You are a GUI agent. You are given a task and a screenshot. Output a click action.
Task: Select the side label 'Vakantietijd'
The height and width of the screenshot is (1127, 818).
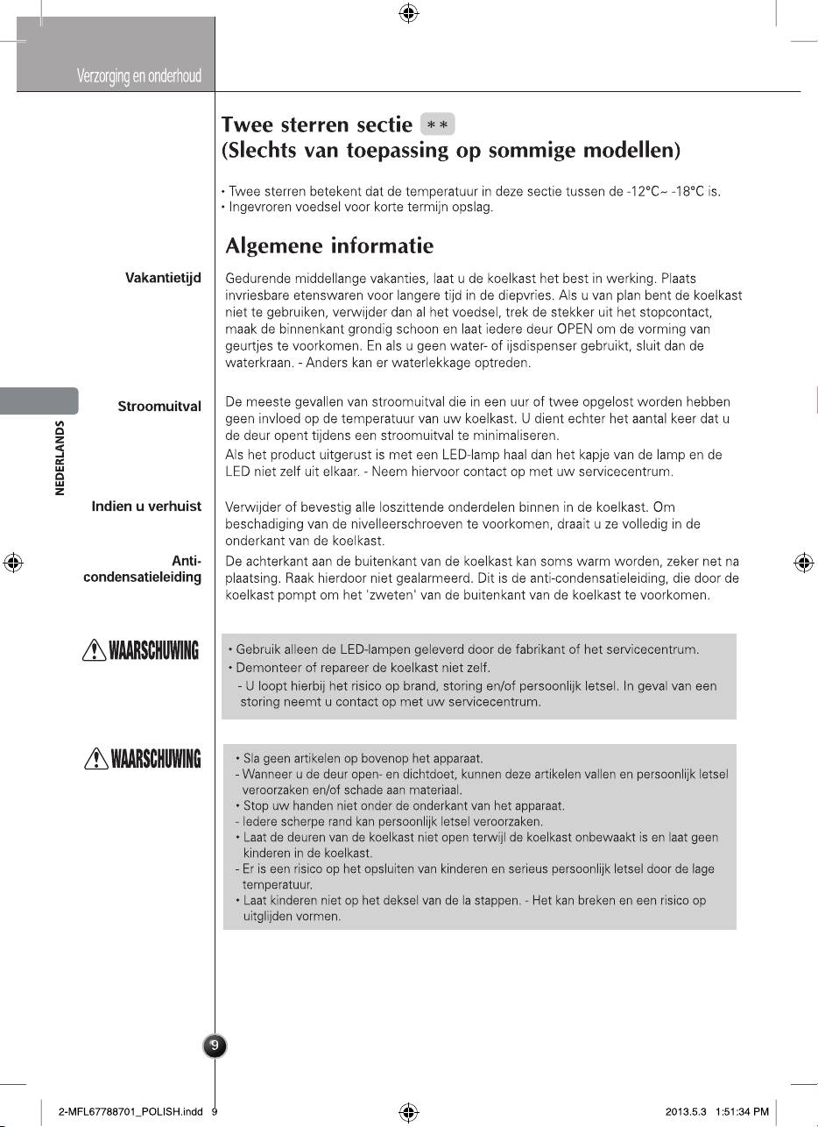[164, 278]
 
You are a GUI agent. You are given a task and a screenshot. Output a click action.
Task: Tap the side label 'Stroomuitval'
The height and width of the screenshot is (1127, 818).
[159, 407]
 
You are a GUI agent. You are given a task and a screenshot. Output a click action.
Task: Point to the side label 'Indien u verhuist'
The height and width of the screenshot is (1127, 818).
[146, 507]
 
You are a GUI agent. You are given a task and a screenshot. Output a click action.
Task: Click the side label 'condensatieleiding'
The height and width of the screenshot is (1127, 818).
[142, 578]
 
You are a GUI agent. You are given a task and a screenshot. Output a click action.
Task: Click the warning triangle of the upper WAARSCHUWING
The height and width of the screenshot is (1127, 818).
[90, 650]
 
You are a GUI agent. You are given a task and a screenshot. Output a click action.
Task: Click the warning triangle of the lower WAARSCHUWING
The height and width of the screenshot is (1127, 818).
[90, 759]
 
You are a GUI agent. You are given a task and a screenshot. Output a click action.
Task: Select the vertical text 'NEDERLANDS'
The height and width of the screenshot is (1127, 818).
[60, 457]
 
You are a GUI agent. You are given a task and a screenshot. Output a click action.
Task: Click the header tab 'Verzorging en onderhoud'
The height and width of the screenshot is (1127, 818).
[138, 76]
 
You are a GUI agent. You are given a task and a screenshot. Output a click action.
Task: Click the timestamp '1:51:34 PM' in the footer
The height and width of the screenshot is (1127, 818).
[742, 1112]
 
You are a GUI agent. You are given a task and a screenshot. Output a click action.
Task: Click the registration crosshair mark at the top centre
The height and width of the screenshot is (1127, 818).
[408, 13]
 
